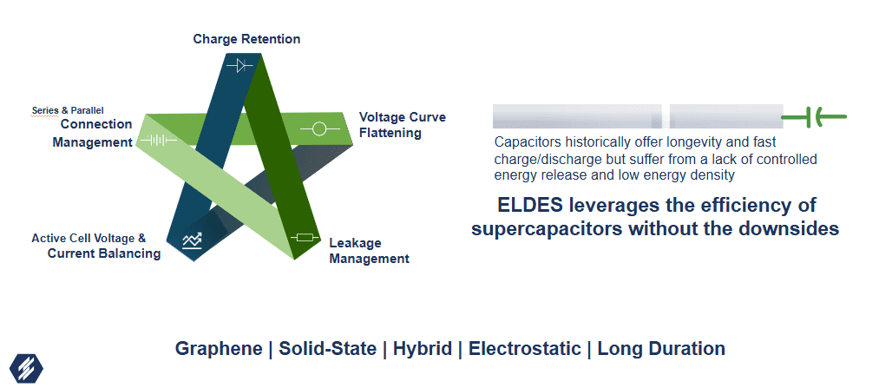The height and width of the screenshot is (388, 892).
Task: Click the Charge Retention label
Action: [x=246, y=39]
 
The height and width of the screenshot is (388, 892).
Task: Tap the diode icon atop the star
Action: [x=239, y=66]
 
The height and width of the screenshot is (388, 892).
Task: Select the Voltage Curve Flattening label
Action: [x=403, y=125]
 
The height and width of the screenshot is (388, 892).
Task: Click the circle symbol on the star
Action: [x=319, y=129]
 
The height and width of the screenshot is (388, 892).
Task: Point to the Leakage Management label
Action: [x=369, y=251]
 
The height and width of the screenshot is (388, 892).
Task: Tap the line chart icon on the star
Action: [x=193, y=241]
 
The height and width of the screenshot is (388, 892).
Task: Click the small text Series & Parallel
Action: [x=68, y=110]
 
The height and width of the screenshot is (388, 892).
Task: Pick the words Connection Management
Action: [x=92, y=133]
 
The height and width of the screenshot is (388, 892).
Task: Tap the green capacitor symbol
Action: [x=814, y=117]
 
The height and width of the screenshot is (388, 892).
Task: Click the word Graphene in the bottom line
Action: [x=219, y=348]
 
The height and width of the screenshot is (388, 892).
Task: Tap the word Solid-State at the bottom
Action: [x=328, y=348]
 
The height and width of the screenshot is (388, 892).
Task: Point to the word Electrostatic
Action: [x=524, y=348]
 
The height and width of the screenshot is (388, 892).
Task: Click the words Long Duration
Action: [x=661, y=348]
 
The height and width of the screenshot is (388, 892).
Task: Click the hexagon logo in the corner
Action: [x=26, y=368]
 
